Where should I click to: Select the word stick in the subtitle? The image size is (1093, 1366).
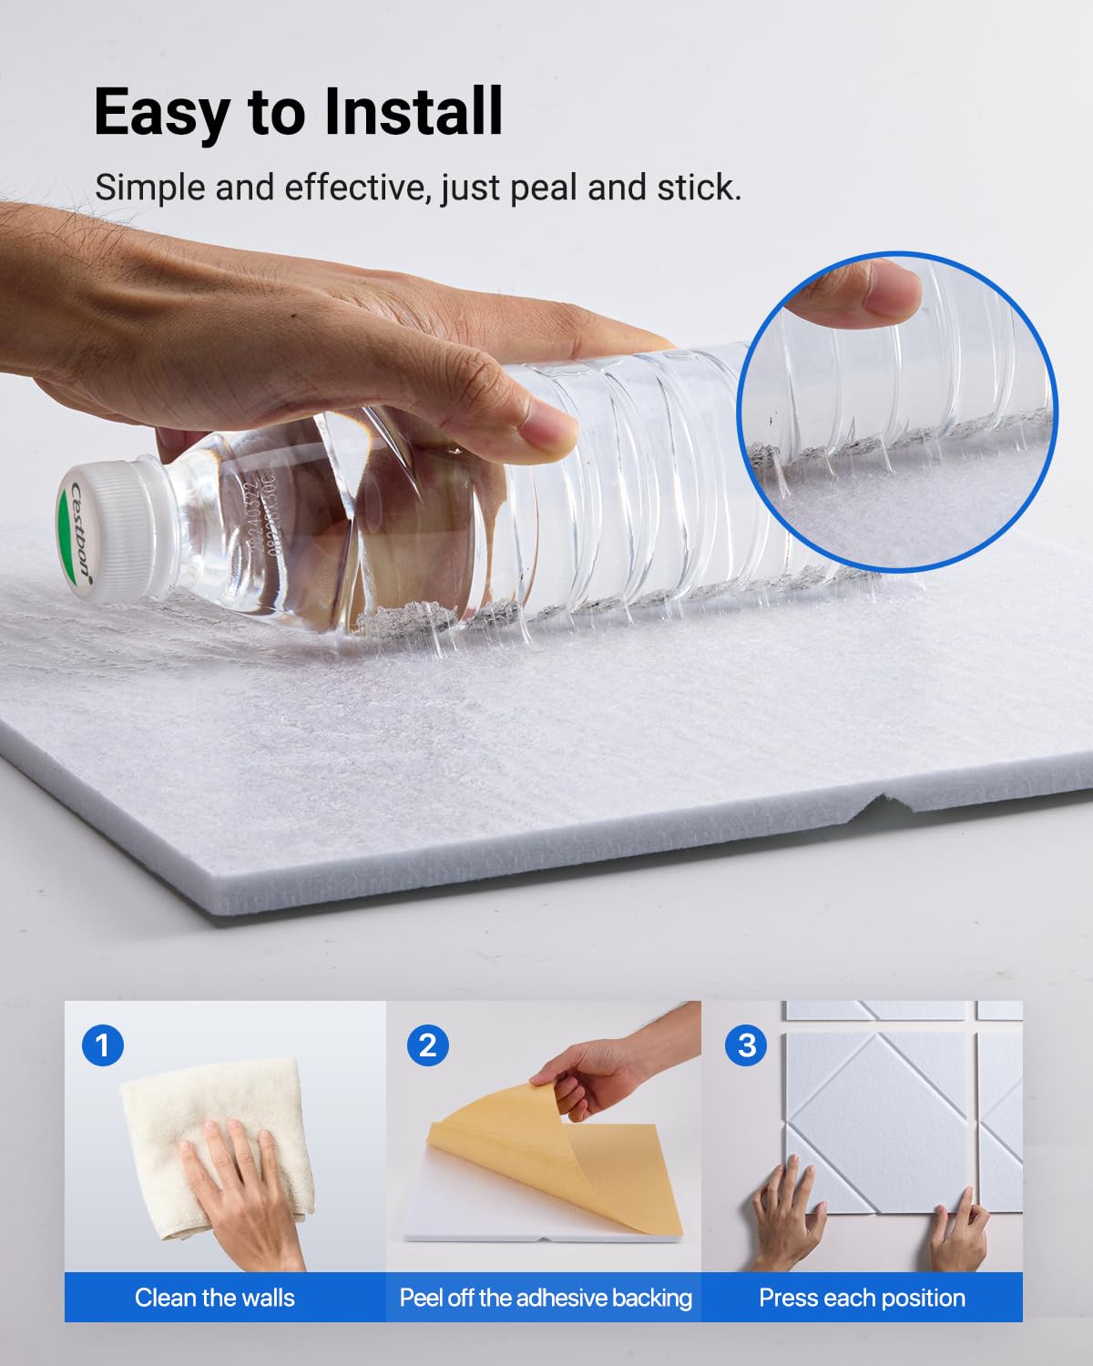[699, 188]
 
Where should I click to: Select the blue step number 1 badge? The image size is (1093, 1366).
[103, 1045]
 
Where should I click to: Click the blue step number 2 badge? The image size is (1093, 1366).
[427, 1045]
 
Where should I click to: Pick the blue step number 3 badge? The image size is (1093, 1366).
[746, 1045]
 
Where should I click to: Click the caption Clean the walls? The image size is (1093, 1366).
[215, 1298]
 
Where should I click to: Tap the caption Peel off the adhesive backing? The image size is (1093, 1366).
[546, 1298]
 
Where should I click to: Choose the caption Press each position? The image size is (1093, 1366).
[862, 1298]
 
